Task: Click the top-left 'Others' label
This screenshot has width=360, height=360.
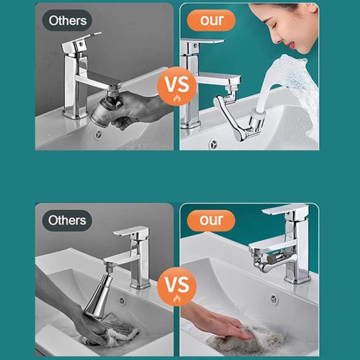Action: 67,20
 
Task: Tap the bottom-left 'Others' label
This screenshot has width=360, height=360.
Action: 67,220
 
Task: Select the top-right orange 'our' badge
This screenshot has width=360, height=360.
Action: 211,20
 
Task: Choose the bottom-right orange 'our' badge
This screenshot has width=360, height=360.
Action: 211,220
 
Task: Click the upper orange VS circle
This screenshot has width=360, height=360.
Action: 177,86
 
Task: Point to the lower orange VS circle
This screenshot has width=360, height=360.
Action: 177,286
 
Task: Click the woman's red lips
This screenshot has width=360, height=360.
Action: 291,45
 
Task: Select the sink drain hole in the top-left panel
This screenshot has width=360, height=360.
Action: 98,135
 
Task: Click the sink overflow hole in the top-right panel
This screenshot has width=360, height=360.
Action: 214,144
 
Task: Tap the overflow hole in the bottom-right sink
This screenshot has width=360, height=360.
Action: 274,300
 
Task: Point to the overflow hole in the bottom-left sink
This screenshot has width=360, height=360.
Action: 122,301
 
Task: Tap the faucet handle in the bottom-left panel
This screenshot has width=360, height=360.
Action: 131,231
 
